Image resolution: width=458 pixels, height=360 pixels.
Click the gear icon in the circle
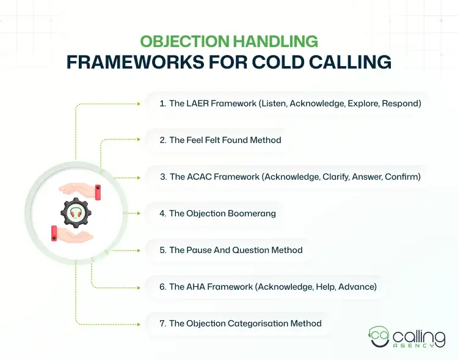coord(76,213)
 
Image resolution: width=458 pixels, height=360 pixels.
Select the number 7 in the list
coord(162,323)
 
